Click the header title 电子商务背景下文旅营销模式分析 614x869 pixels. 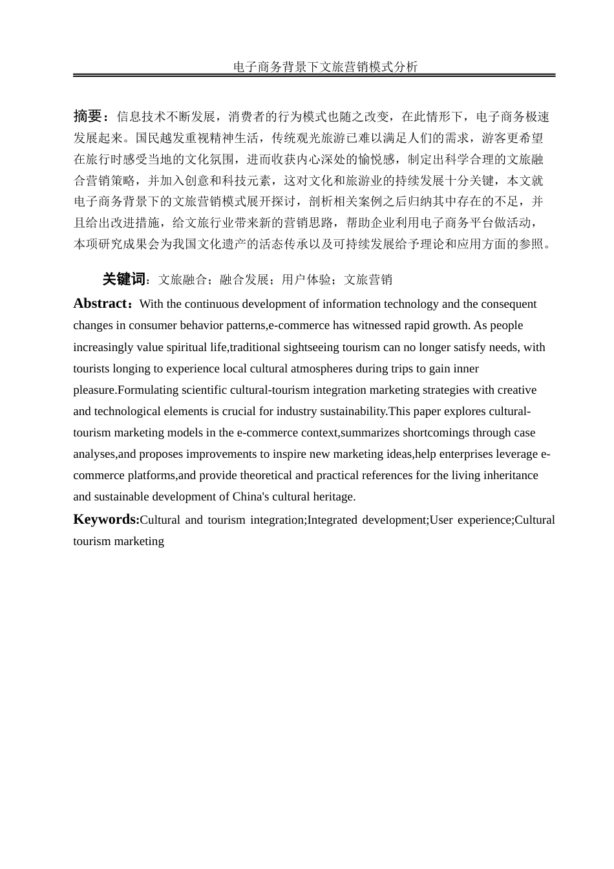point(325,67)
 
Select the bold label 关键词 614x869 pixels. point(123,279)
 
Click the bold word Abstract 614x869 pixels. point(100,304)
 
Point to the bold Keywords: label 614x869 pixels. point(106,519)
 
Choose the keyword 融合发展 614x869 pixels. point(244,280)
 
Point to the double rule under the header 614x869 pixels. point(314,76)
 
